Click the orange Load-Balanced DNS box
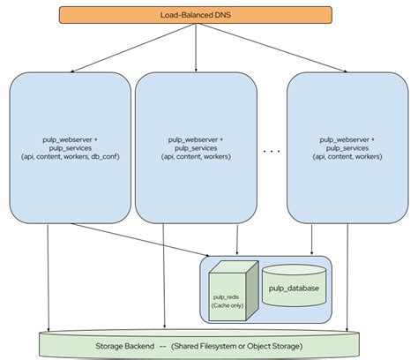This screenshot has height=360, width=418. click(x=194, y=13)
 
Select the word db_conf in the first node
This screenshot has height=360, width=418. click(x=107, y=156)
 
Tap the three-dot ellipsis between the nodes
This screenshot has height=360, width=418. click(x=271, y=151)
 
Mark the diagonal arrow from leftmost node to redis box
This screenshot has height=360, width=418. click(x=141, y=239)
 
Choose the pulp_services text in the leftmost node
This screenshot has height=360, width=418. click(x=71, y=147)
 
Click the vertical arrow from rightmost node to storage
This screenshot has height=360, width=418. click(x=362, y=274)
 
